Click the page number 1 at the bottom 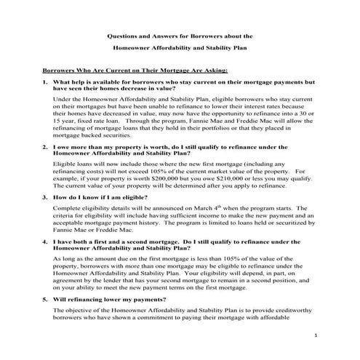click(316, 336)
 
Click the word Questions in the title click(124, 34)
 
